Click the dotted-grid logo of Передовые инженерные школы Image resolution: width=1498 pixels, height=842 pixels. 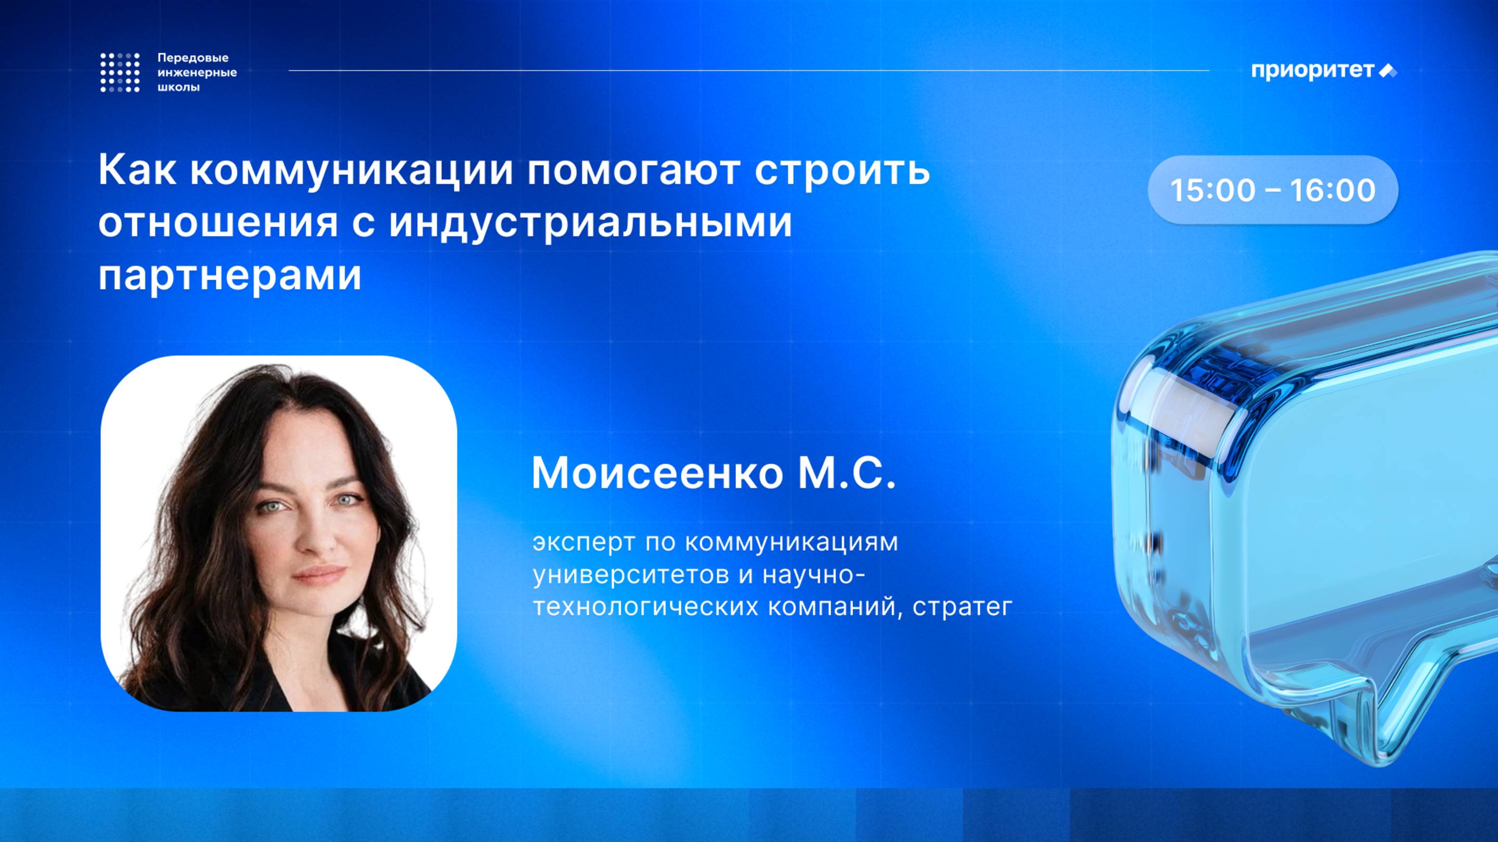tap(120, 73)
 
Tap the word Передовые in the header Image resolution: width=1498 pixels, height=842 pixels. tap(193, 58)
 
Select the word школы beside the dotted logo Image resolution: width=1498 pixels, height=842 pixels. tap(178, 88)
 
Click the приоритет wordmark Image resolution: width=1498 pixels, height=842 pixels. tap(1312, 70)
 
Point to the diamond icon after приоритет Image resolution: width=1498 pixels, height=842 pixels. tap(1388, 71)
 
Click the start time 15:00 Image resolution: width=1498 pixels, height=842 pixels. tap(1212, 190)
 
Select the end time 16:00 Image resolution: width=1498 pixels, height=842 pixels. tap(1332, 190)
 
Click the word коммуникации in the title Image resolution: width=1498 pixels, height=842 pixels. tap(352, 171)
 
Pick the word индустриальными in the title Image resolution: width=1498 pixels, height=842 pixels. tap(590, 222)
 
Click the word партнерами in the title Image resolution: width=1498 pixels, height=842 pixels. tap(230, 275)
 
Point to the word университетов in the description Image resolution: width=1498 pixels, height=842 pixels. tap(630, 575)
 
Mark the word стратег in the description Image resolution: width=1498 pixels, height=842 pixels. tap(962, 607)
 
